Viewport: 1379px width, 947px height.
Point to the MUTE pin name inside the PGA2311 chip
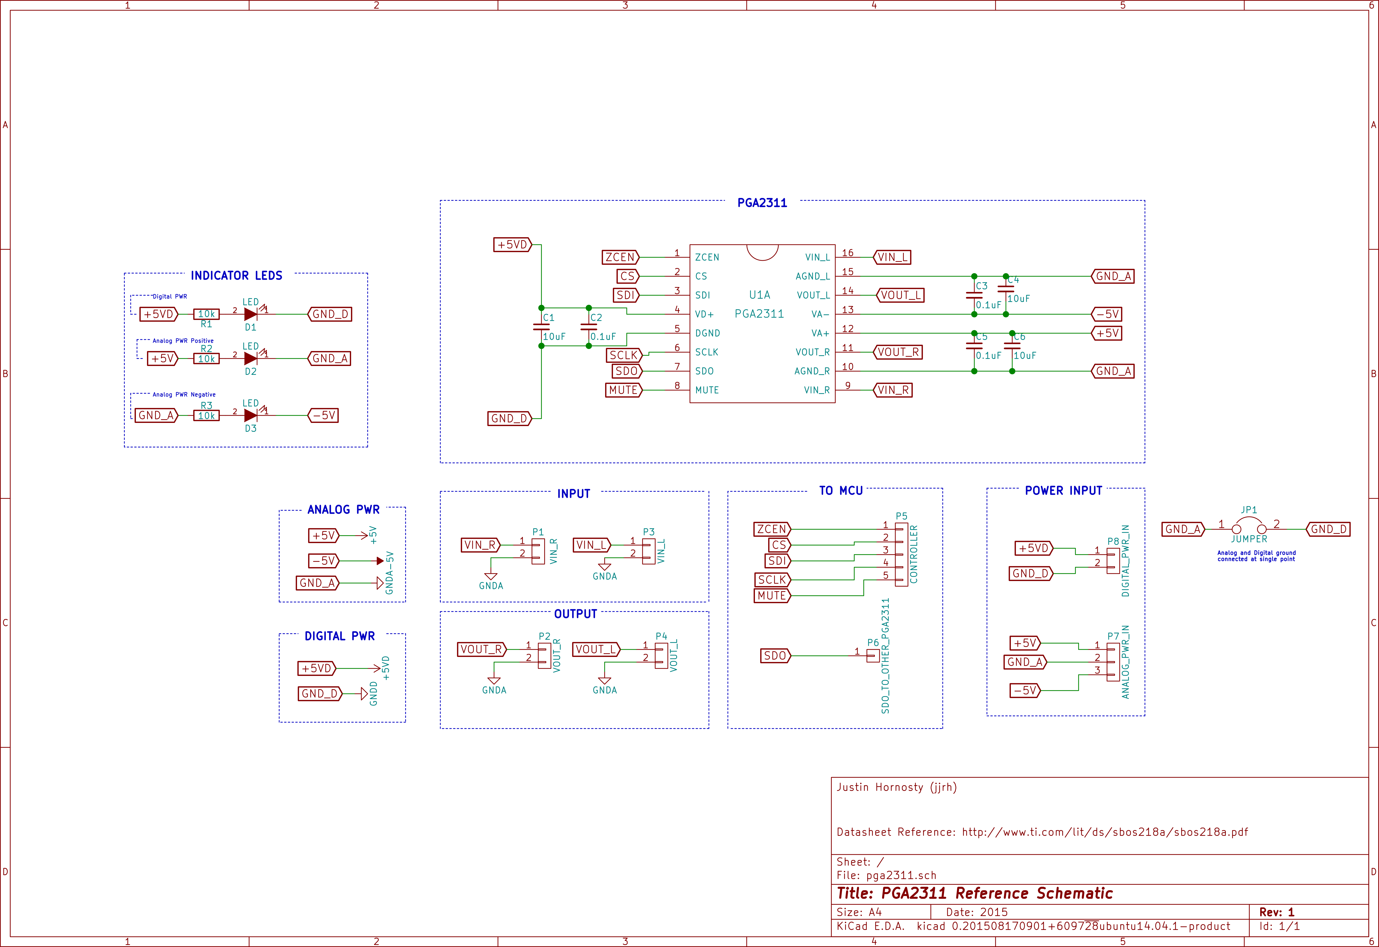[x=707, y=390]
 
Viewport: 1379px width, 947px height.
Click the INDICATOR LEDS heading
[x=236, y=276]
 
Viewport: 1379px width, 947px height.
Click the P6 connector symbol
[x=873, y=655]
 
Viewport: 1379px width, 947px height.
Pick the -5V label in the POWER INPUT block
[x=1025, y=690]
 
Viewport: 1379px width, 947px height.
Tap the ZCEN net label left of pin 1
[x=620, y=257]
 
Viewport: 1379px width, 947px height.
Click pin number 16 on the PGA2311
[x=847, y=253]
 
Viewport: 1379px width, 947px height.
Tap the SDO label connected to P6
[x=775, y=655]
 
